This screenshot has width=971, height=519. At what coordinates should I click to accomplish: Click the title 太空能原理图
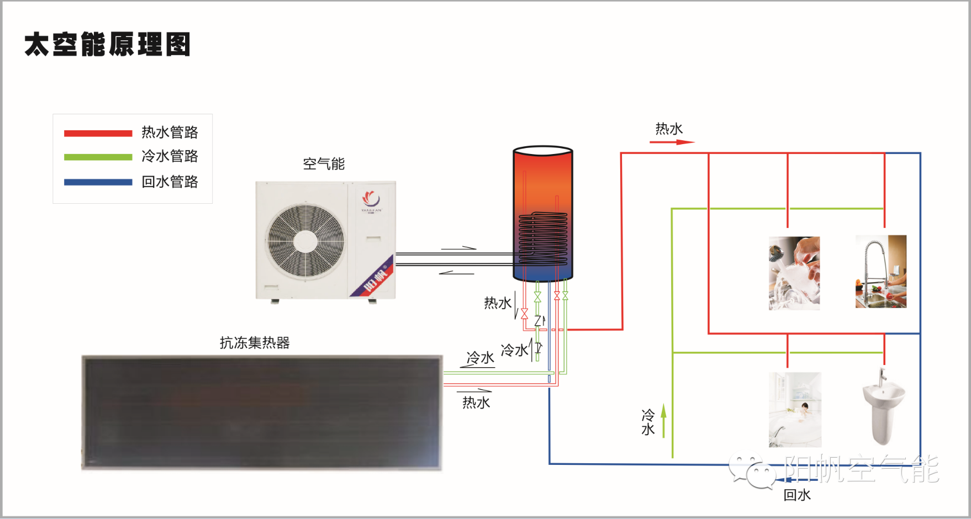point(108,45)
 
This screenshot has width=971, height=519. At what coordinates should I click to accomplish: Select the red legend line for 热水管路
point(98,133)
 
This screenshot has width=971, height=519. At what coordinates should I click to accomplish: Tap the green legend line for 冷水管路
point(98,157)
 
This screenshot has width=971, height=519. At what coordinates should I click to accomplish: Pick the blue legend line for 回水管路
point(98,182)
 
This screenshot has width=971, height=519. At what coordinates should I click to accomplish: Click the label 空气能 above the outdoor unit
point(324,164)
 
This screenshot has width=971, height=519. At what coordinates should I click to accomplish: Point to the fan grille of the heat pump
point(305,241)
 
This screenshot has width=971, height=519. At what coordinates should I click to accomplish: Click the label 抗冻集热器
point(255,343)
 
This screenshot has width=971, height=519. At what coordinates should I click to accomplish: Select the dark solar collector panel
point(262,412)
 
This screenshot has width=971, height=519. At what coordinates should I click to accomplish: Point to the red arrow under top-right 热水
point(672,142)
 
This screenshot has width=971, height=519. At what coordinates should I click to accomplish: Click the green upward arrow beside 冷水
point(664,420)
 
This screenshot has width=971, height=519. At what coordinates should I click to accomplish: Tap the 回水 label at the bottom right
point(797,495)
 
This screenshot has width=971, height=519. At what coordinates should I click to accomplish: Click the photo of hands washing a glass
point(794,273)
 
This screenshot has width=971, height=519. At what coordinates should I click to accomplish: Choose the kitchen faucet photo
point(881,272)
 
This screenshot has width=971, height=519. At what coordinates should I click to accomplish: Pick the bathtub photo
point(795,410)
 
